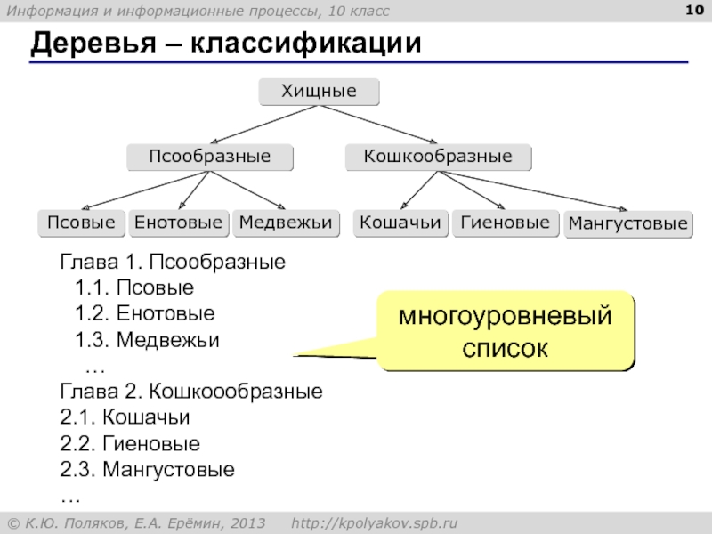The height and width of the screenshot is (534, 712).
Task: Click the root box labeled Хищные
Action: click(319, 92)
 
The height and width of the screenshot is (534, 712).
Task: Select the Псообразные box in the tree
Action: click(209, 158)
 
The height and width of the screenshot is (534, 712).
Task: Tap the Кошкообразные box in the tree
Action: click(438, 158)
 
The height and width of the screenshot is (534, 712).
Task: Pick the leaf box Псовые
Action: click(81, 222)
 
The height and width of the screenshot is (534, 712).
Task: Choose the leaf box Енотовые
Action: click(178, 222)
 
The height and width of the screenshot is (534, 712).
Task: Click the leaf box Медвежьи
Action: click(287, 222)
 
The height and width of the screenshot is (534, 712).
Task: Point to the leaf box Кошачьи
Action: click(400, 222)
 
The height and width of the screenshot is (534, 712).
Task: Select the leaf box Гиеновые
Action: click(506, 222)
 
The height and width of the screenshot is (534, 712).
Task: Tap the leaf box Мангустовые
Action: click(628, 223)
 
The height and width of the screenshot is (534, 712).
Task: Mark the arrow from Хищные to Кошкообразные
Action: click(378, 125)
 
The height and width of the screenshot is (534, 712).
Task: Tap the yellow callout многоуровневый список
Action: click(505, 331)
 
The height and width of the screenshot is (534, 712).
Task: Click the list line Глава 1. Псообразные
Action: click(172, 263)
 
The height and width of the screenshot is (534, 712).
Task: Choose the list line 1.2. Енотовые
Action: click(145, 314)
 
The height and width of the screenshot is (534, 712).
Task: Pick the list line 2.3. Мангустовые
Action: click(147, 469)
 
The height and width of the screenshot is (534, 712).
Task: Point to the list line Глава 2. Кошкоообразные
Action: click(190, 392)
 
